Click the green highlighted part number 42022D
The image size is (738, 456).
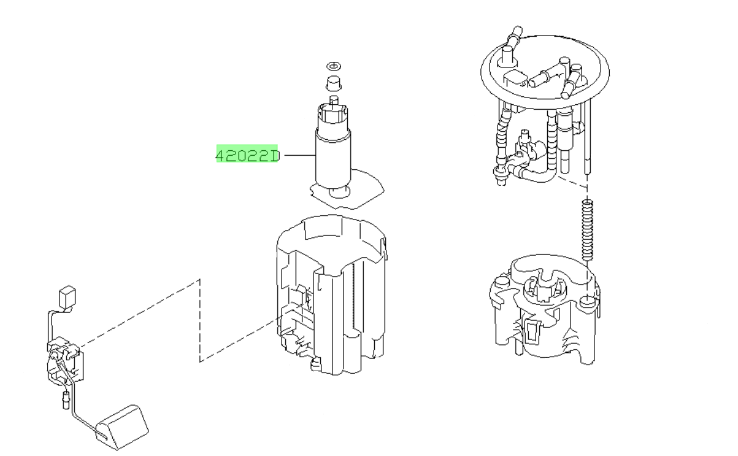click(247, 156)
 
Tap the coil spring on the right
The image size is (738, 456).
click(587, 230)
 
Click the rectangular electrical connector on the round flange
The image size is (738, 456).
click(516, 78)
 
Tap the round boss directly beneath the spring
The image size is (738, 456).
click(586, 301)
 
